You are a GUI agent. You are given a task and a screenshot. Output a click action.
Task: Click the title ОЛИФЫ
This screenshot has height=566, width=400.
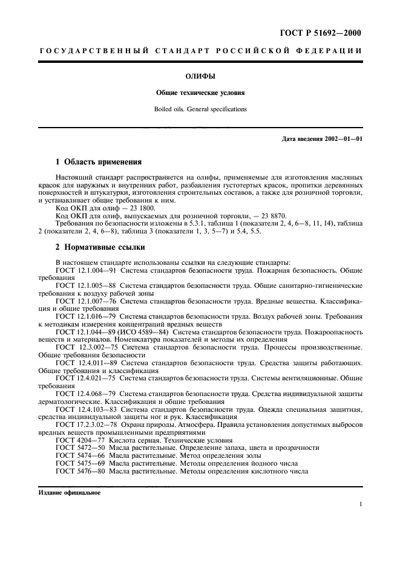click(x=200, y=77)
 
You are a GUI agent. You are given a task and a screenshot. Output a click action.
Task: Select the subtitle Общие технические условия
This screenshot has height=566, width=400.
click(x=200, y=94)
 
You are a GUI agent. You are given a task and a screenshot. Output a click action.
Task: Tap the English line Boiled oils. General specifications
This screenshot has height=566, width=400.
click(x=200, y=109)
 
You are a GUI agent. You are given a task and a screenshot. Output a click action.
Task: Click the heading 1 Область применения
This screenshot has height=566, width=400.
click(x=99, y=161)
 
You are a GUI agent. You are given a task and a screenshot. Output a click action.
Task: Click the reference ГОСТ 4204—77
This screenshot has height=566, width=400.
click(x=77, y=440)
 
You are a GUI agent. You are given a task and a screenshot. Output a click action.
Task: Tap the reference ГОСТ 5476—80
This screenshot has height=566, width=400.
click(x=77, y=470)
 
